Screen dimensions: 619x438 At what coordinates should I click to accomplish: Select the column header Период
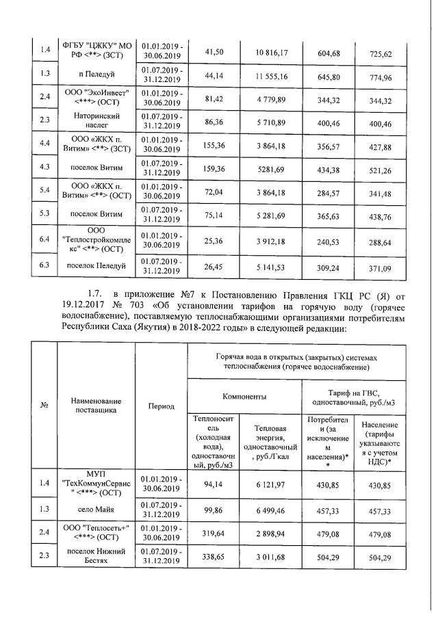click(162, 406)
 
